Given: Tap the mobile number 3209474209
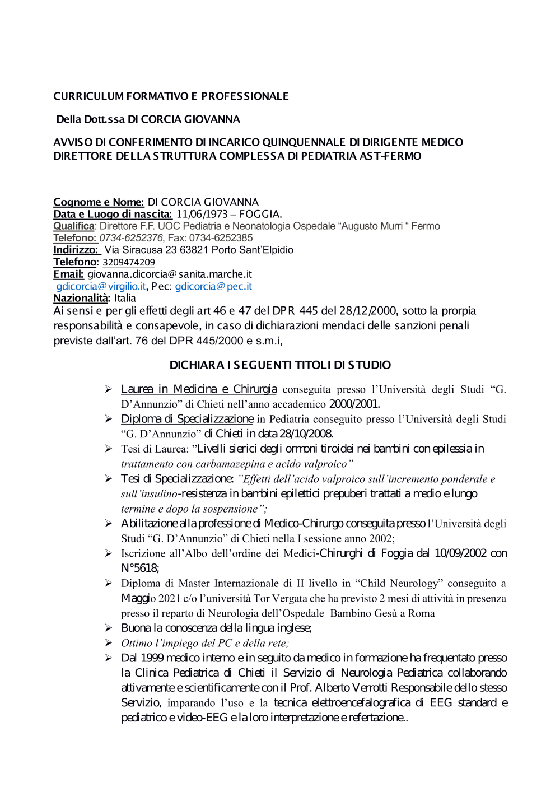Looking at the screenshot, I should [129, 262].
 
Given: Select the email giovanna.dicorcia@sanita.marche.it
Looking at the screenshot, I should [170, 274].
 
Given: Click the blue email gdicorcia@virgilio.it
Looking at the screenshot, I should [101, 286].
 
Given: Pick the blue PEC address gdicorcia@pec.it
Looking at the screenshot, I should [213, 286].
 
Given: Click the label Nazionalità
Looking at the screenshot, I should [81, 298].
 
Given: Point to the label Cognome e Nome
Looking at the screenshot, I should [99, 202].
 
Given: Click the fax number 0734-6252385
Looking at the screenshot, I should [220, 238].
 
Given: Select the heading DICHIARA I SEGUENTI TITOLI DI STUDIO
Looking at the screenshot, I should [280, 365].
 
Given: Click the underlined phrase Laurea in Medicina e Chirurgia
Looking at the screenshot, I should [199, 389].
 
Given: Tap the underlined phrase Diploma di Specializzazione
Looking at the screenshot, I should [187, 419].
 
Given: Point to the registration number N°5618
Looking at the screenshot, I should [139, 569].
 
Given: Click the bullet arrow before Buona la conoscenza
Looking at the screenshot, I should [109, 628].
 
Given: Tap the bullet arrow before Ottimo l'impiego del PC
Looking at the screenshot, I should [109, 643].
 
